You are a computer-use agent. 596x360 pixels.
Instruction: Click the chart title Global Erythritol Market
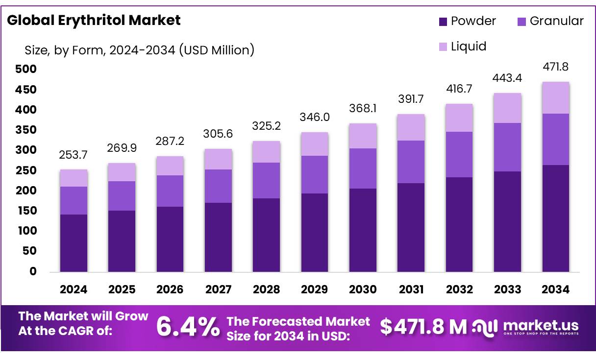tap(94, 20)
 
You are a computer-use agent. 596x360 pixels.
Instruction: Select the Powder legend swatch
tap(443, 22)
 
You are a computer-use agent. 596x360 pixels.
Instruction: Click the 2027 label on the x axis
tap(218, 289)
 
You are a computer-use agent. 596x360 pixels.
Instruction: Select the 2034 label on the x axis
tap(556, 289)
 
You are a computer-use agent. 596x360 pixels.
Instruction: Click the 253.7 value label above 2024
tap(74, 155)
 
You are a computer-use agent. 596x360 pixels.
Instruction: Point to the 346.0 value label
tap(315, 118)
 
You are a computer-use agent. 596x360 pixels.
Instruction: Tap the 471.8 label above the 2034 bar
tap(556, 67)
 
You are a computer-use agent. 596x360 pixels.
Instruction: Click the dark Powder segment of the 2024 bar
tap(74, 243)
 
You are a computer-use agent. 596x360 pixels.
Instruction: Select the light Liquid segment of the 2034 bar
tap(556, 98)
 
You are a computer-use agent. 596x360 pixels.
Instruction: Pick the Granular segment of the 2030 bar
tap(363, 168)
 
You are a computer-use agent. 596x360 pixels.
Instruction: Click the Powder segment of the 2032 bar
tap(459, 224)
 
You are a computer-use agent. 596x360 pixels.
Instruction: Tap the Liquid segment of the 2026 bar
tap(170, 166)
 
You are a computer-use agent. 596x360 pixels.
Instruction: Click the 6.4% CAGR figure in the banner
tap(188, 327)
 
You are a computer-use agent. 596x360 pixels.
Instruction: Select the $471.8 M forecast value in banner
tap(423, 327)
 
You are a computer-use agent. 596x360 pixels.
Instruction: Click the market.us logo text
tap(541, 325)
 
